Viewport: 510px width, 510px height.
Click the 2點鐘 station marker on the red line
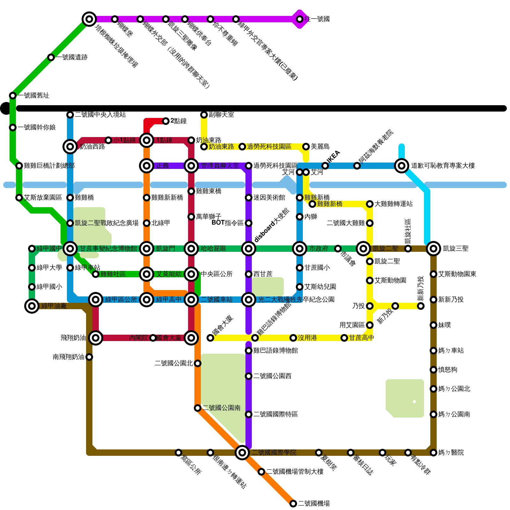tap(166, 121)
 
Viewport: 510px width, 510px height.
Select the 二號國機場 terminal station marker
tap(293, 504)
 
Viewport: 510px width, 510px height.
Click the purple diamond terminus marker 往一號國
tap(300, 19)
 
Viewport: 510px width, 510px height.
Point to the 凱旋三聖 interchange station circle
tap(433, 249)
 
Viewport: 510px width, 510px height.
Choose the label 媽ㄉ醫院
tap(451, 453)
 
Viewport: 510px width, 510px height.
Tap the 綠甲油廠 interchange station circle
tap(32, 306)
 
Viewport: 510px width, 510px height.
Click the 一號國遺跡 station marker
tap(51, 57)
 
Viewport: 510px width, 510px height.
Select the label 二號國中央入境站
tap(100, 115)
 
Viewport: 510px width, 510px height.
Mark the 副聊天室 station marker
tap(204, 115)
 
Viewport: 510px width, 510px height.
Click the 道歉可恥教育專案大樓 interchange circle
tap(402, 166)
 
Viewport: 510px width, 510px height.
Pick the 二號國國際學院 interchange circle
tap(242, 453)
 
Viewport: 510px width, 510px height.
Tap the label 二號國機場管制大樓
tap(295, 472)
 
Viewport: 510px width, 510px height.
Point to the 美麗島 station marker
tap(306, 147)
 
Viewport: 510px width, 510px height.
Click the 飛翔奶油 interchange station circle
tap(96, 338)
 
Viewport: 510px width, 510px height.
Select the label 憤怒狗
tap(448, 370)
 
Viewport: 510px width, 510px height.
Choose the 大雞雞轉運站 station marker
tap(370, 204)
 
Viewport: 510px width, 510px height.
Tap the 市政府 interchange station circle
tap(300, 249)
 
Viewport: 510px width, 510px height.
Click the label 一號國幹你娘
tap(37, 127)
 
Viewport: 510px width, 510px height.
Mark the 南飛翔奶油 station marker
tap(89, 357)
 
